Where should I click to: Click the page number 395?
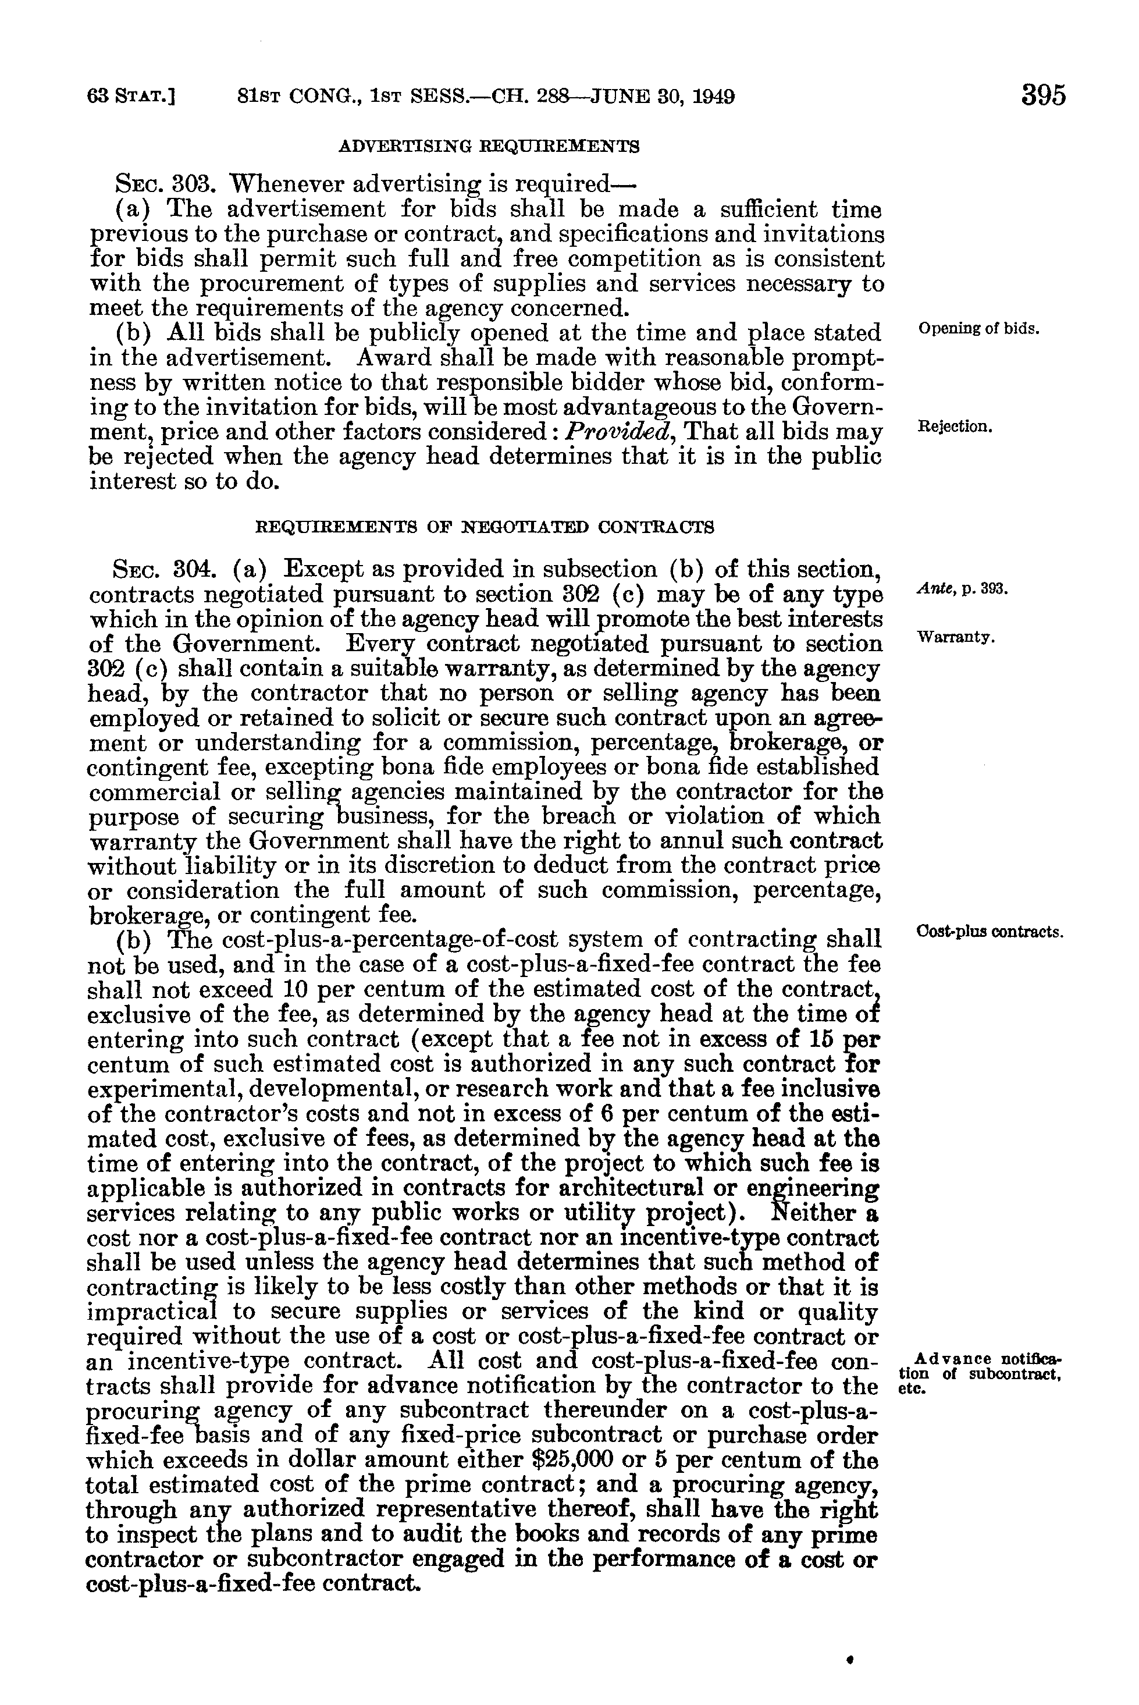(1043, 95)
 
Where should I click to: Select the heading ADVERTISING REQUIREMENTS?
(489, 146)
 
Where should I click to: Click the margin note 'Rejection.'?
(955, 427)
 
